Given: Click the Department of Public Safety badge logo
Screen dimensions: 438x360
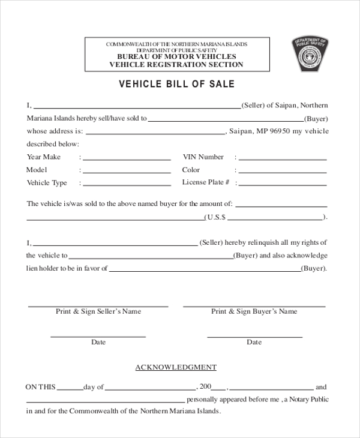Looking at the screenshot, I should click(x=310, y=55).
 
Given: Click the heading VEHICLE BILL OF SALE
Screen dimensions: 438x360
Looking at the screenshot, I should click(x=176, y=84).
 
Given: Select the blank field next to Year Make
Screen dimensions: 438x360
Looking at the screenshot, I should click(x=127, y=159).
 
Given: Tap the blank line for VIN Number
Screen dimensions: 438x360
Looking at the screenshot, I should click(x=283, y=159).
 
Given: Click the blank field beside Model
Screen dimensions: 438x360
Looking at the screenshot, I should click(x=127, y=172).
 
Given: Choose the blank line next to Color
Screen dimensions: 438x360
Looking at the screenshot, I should click(x=283, y=172).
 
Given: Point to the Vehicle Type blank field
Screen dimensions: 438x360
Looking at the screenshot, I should click(x=127, y=185).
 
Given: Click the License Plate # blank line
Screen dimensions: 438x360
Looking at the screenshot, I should click(x=283, y=185).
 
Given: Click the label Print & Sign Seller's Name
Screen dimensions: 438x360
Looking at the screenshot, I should click(x=98, y=311).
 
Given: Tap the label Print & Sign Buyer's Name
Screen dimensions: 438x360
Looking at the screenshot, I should click(x=254, y=311).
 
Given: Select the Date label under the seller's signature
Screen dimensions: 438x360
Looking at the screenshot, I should click(x=98, y=342).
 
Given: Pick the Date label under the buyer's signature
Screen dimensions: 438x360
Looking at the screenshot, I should click(x=254, y=342).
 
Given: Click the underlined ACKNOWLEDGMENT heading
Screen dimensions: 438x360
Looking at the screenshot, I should click(x=176, y=367).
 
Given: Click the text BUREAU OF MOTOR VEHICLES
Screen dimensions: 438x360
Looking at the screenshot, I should click(x=176, y=56).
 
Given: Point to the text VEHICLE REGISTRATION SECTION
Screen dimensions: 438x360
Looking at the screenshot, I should click(x=176, y=64).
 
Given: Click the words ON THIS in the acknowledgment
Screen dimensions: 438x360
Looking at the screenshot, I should click(x=40, y=387).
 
